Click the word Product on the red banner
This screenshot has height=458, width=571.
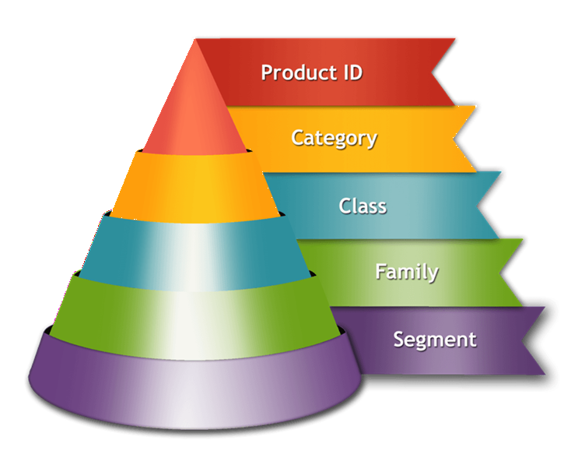pyautogui.click(x=294, y=72)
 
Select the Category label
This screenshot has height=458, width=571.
pyautogui.click(x=335, y=139)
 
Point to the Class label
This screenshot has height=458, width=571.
pyautogui.click(x=363, y=206)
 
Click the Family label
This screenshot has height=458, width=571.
pyautogui.click(x=407, y=272)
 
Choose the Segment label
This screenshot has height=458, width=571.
pyautogui.click(x=435, y=340)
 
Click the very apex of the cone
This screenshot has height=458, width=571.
pyautogui.click(x=196, y=40)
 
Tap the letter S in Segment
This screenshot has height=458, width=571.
pyautogui.click(x=399, y=340)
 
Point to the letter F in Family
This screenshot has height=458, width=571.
pyautogui.click(x=380, y=271)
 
